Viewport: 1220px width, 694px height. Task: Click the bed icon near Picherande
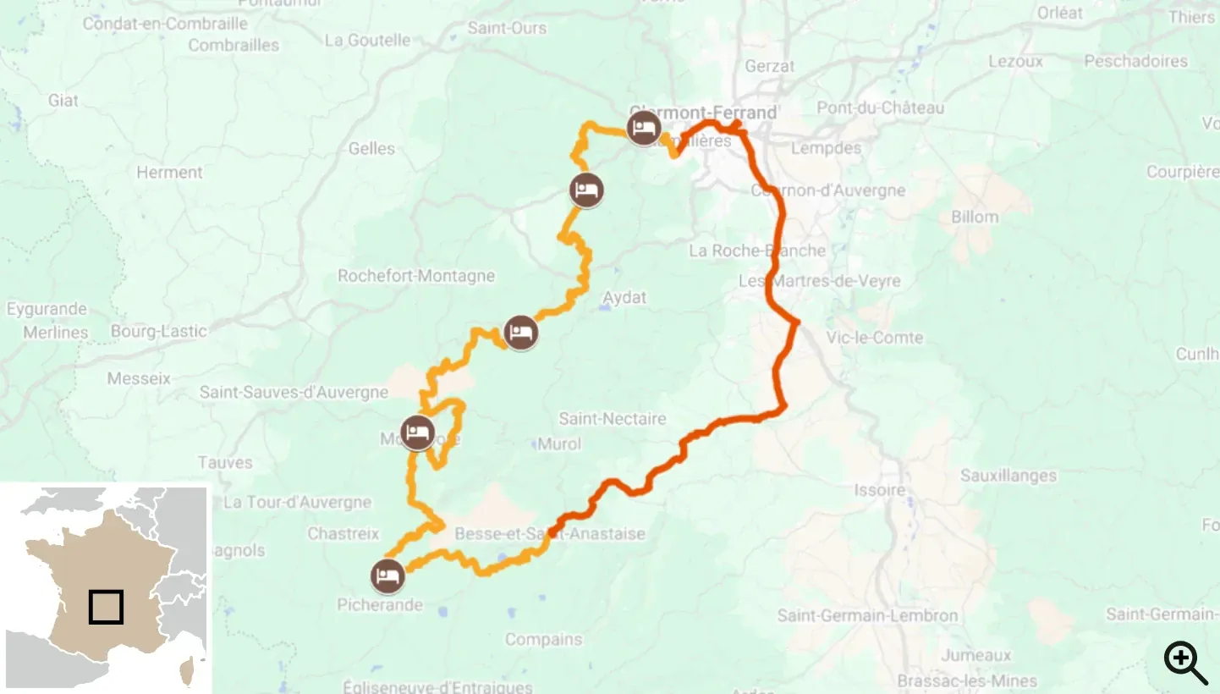coord(387,576)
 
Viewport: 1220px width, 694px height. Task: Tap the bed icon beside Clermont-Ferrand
coord(644,127)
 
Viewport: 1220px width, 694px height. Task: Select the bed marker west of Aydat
coord(520,332)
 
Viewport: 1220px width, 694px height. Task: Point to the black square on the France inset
coord(107,607)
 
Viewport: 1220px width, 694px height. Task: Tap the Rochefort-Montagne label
coord(415,276)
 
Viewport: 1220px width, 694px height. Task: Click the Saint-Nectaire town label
coord(612,419)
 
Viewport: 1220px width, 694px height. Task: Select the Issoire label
coord(879,490)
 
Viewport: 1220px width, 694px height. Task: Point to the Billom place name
coord(974,217)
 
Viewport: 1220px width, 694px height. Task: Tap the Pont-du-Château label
coord(880,107)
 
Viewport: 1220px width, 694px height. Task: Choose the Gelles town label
coord(371,148)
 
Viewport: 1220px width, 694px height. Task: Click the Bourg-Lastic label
coord(158,331)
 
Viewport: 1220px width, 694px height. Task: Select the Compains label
coord(543,640)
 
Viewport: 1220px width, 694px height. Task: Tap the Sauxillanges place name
coord(1008,476)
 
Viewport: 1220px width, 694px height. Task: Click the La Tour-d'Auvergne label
coord(297,502)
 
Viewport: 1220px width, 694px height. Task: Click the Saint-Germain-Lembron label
coord(867,615)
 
